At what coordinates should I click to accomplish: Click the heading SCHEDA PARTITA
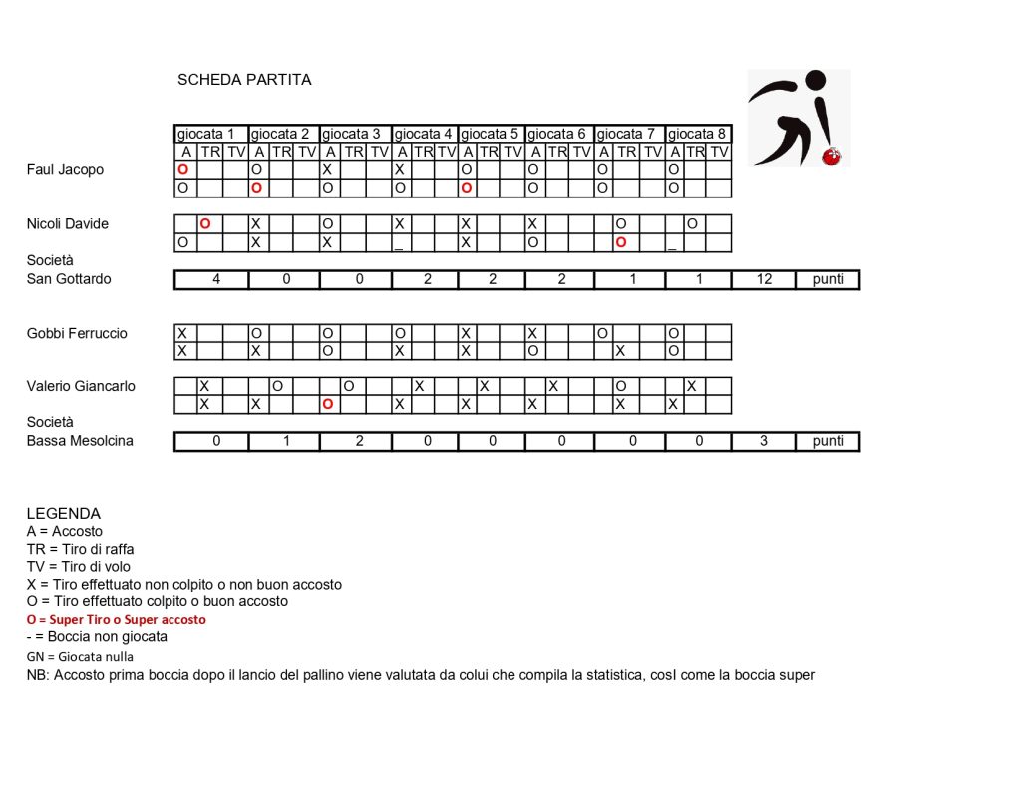(x=244, y=80)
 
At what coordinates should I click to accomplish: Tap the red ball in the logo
(x=830, y=156)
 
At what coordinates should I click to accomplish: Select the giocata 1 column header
(x=210, y=134)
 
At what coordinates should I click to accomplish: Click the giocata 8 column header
(x=697, y=134)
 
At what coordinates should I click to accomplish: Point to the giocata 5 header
(x=491, y=134)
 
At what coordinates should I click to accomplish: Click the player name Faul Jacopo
(x=65, y=170)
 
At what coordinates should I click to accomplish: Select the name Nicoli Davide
(x=67, y=224)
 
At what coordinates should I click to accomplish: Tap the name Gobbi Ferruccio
(x=77, y=334)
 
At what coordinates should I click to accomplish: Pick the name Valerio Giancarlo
(x=81, y=387)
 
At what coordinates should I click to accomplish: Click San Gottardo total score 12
(x=763, y=280)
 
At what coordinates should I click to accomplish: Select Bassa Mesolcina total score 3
(x=763, y=441)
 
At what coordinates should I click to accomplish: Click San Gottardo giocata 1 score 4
(x=216, y=280)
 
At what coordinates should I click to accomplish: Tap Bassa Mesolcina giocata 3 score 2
(x=359, y=441)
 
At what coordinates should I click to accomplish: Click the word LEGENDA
(x=64, y=514)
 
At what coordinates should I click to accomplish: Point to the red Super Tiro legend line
(x=116, y=620)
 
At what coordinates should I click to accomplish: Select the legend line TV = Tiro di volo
(x=79, y=567)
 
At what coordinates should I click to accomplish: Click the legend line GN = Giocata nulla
(x=80, y=657)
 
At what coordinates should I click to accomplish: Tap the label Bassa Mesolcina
(x=80, y=441)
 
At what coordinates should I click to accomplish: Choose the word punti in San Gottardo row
(x=828, y=280)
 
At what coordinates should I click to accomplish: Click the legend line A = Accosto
(x=65, y=532)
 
